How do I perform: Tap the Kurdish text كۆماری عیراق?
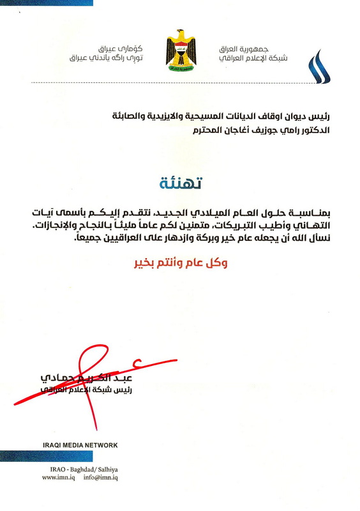point(119,49)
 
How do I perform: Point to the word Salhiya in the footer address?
point(111,468)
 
